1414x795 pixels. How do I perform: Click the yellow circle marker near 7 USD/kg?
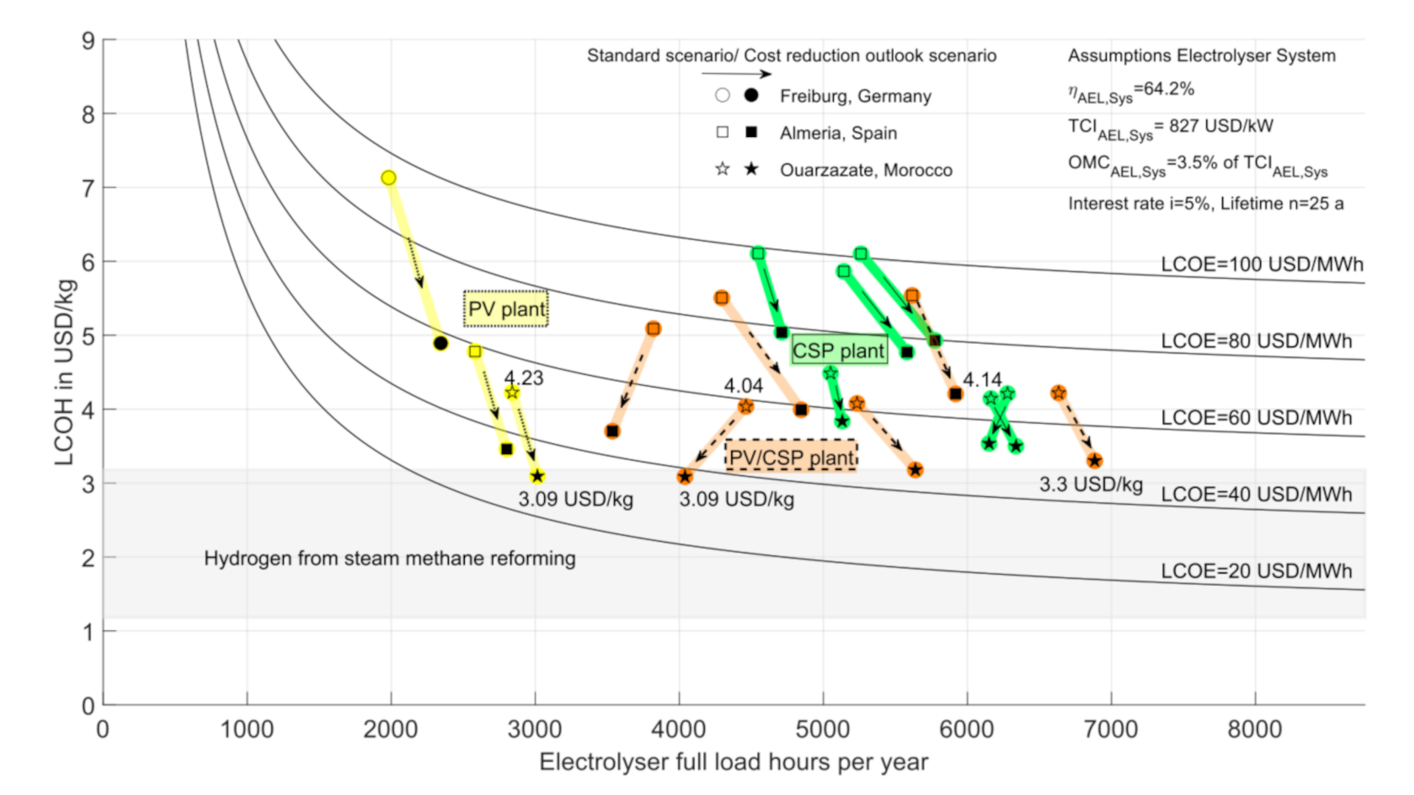[x=389, y=177]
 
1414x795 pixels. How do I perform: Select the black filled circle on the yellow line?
[x=440, y=343]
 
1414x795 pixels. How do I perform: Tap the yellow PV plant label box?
[x=506, y=309]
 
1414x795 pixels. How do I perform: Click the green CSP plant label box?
[x=839, y=350]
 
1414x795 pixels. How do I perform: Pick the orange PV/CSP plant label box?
[x=791, y=457]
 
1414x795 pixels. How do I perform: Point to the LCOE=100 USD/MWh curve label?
[x=1262, y=264]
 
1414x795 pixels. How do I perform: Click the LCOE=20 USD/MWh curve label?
[x=1256, y=570]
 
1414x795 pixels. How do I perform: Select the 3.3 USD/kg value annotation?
[x=1091, y=484]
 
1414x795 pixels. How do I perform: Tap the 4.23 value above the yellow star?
[x=524, y=378]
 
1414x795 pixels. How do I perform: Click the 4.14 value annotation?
[x=982, y=380]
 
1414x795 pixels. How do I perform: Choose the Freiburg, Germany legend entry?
[x=855, y=96]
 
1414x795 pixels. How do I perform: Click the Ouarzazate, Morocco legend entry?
[x=865, y=170]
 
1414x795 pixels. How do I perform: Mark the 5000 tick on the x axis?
[x=823, y=729]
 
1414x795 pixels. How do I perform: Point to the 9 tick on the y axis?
[x=88, y=40]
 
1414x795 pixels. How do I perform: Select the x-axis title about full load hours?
[x=734, y=762]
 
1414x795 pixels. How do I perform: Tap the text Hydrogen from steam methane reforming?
[x=390, y=559]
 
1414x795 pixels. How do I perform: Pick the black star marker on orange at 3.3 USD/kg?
[x=1094, y=461]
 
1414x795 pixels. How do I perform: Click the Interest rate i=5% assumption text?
[x=1206, y=203]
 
